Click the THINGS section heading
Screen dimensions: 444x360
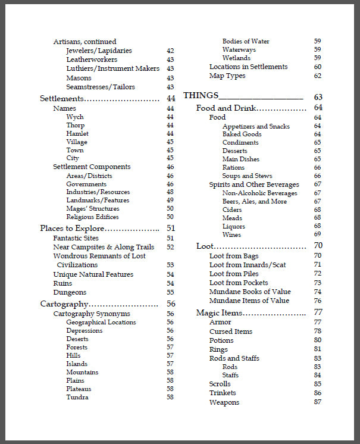201,96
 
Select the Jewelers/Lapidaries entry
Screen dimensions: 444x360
99,51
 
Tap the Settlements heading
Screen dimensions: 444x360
62,98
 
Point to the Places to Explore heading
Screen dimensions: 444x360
72,228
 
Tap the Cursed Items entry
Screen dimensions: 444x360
231,332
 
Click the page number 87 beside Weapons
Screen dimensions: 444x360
318,402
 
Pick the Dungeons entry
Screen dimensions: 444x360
70,292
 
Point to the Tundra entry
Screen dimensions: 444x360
77,397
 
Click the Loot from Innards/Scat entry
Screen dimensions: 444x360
242,264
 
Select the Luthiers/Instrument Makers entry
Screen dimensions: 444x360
112,68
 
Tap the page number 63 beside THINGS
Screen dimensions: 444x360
318,96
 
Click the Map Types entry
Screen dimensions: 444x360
227,76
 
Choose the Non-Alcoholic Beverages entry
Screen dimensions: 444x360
259,193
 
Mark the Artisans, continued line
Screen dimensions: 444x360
84,42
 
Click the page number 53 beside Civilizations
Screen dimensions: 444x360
170,265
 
